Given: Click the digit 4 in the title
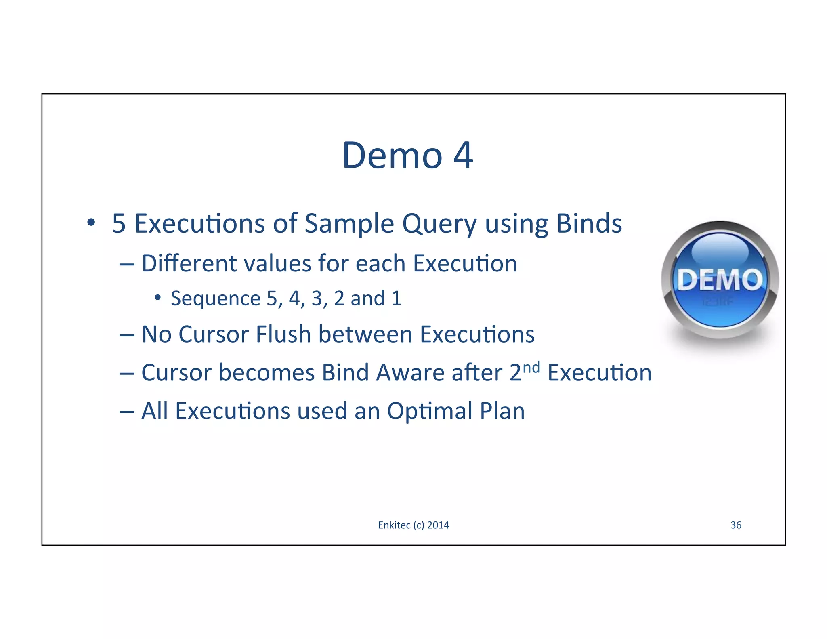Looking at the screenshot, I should coord(463,156).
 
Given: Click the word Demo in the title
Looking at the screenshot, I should coord(392,156).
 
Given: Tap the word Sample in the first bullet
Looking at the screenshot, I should coord(348,224).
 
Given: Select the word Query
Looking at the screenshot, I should coord(439,225).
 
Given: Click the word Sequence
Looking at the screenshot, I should coord(215,299).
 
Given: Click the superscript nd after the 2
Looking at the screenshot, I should coord(531,367).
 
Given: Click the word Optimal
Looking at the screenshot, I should coord(429,412).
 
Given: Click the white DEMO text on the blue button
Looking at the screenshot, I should coord(720,280).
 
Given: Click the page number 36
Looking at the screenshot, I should coord(736,525).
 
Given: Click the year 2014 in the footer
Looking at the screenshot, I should coord(438,525).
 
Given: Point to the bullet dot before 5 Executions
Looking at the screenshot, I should coord(91,222).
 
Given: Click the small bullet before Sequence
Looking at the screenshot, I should coord(157,298).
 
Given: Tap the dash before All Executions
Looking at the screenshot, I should coord(126,412).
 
